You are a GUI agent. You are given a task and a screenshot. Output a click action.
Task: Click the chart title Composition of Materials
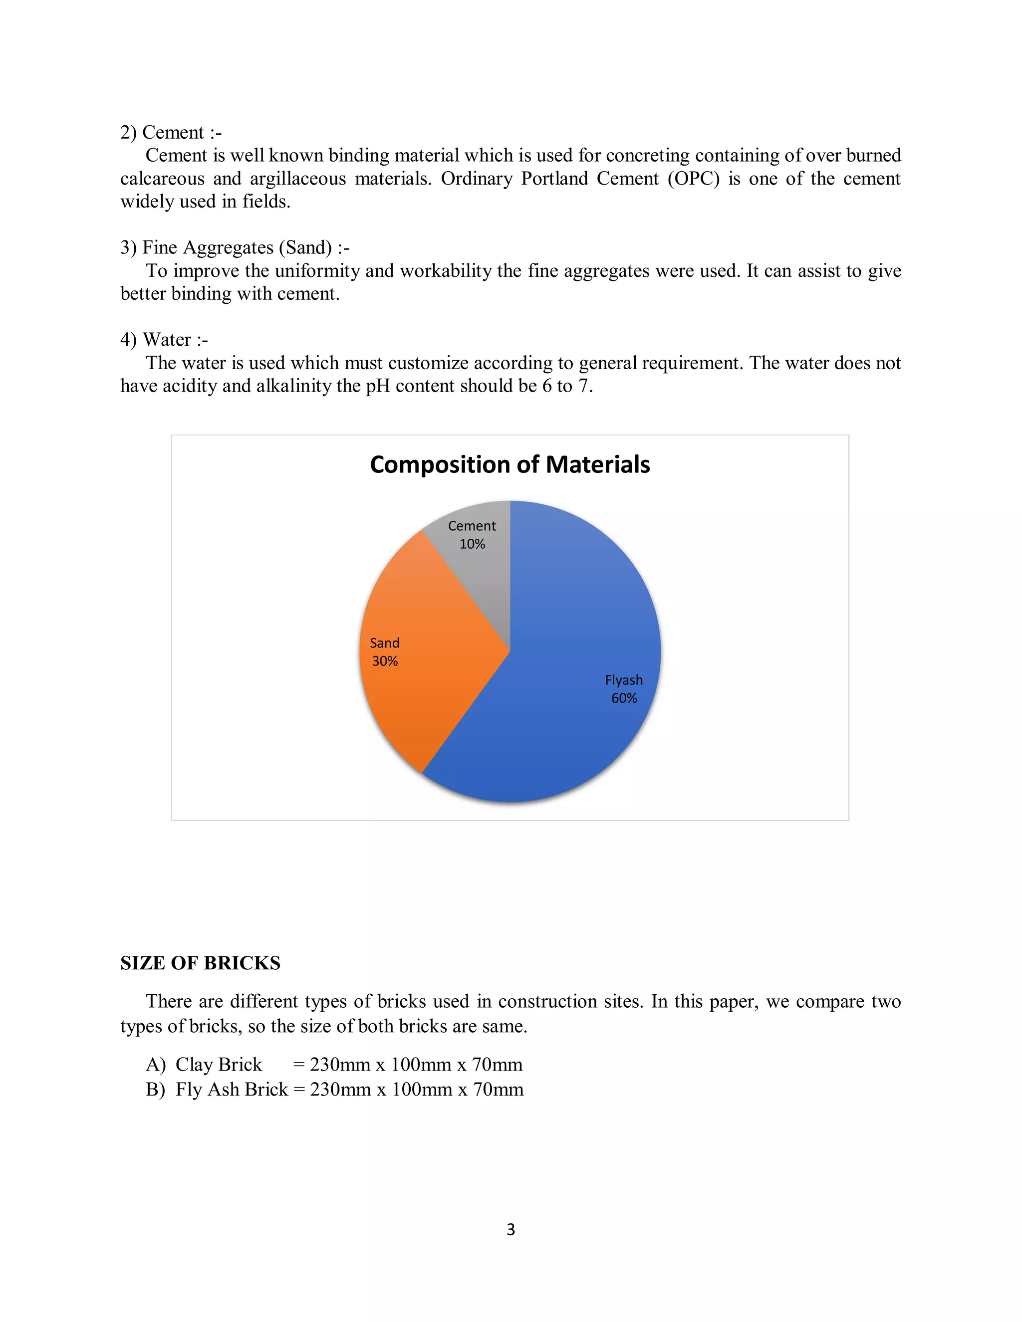point(510,465)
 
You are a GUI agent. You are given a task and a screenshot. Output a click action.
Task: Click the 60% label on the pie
point(624,698)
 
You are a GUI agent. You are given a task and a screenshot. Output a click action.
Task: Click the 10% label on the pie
point(472,544)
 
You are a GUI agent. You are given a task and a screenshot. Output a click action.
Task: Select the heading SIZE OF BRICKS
point(201,963)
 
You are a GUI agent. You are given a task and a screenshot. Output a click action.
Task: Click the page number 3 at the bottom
point(511,1229)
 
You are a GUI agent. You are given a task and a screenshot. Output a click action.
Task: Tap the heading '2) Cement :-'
point(171,133)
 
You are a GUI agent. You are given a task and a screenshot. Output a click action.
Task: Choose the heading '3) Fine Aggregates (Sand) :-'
point(235,247)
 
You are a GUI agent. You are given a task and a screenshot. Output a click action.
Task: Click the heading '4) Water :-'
point(164,340)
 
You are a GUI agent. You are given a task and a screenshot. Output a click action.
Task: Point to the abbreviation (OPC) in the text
point(693,179)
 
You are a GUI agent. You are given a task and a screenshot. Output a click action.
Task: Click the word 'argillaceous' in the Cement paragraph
point(298,179)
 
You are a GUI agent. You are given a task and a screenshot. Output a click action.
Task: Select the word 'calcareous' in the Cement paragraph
point(162,179)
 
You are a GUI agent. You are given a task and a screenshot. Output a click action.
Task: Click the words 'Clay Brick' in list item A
point(219,1064)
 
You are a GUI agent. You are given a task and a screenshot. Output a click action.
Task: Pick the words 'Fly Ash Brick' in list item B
point(232,1089)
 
